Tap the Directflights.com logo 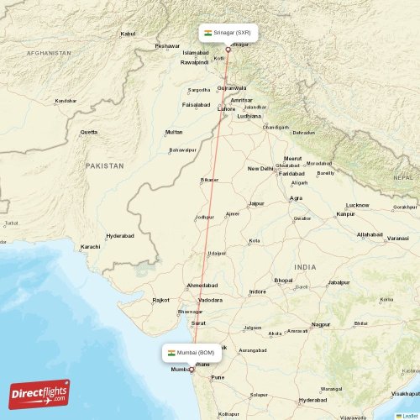tap(39, 393)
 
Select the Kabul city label tap(128, 34)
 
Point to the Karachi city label tap(90, 247)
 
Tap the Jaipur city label tap(256, 203)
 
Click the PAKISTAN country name tap(104, 166)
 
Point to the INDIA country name tap(305, 266)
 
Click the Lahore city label tap(227, 108)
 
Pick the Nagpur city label tap(321, 323)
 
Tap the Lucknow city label tap(358, 205)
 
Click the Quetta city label tap(88, 133)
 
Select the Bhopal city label tap(284, 280)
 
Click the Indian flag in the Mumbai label tap(171, 353)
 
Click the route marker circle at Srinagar tap(227, 49)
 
